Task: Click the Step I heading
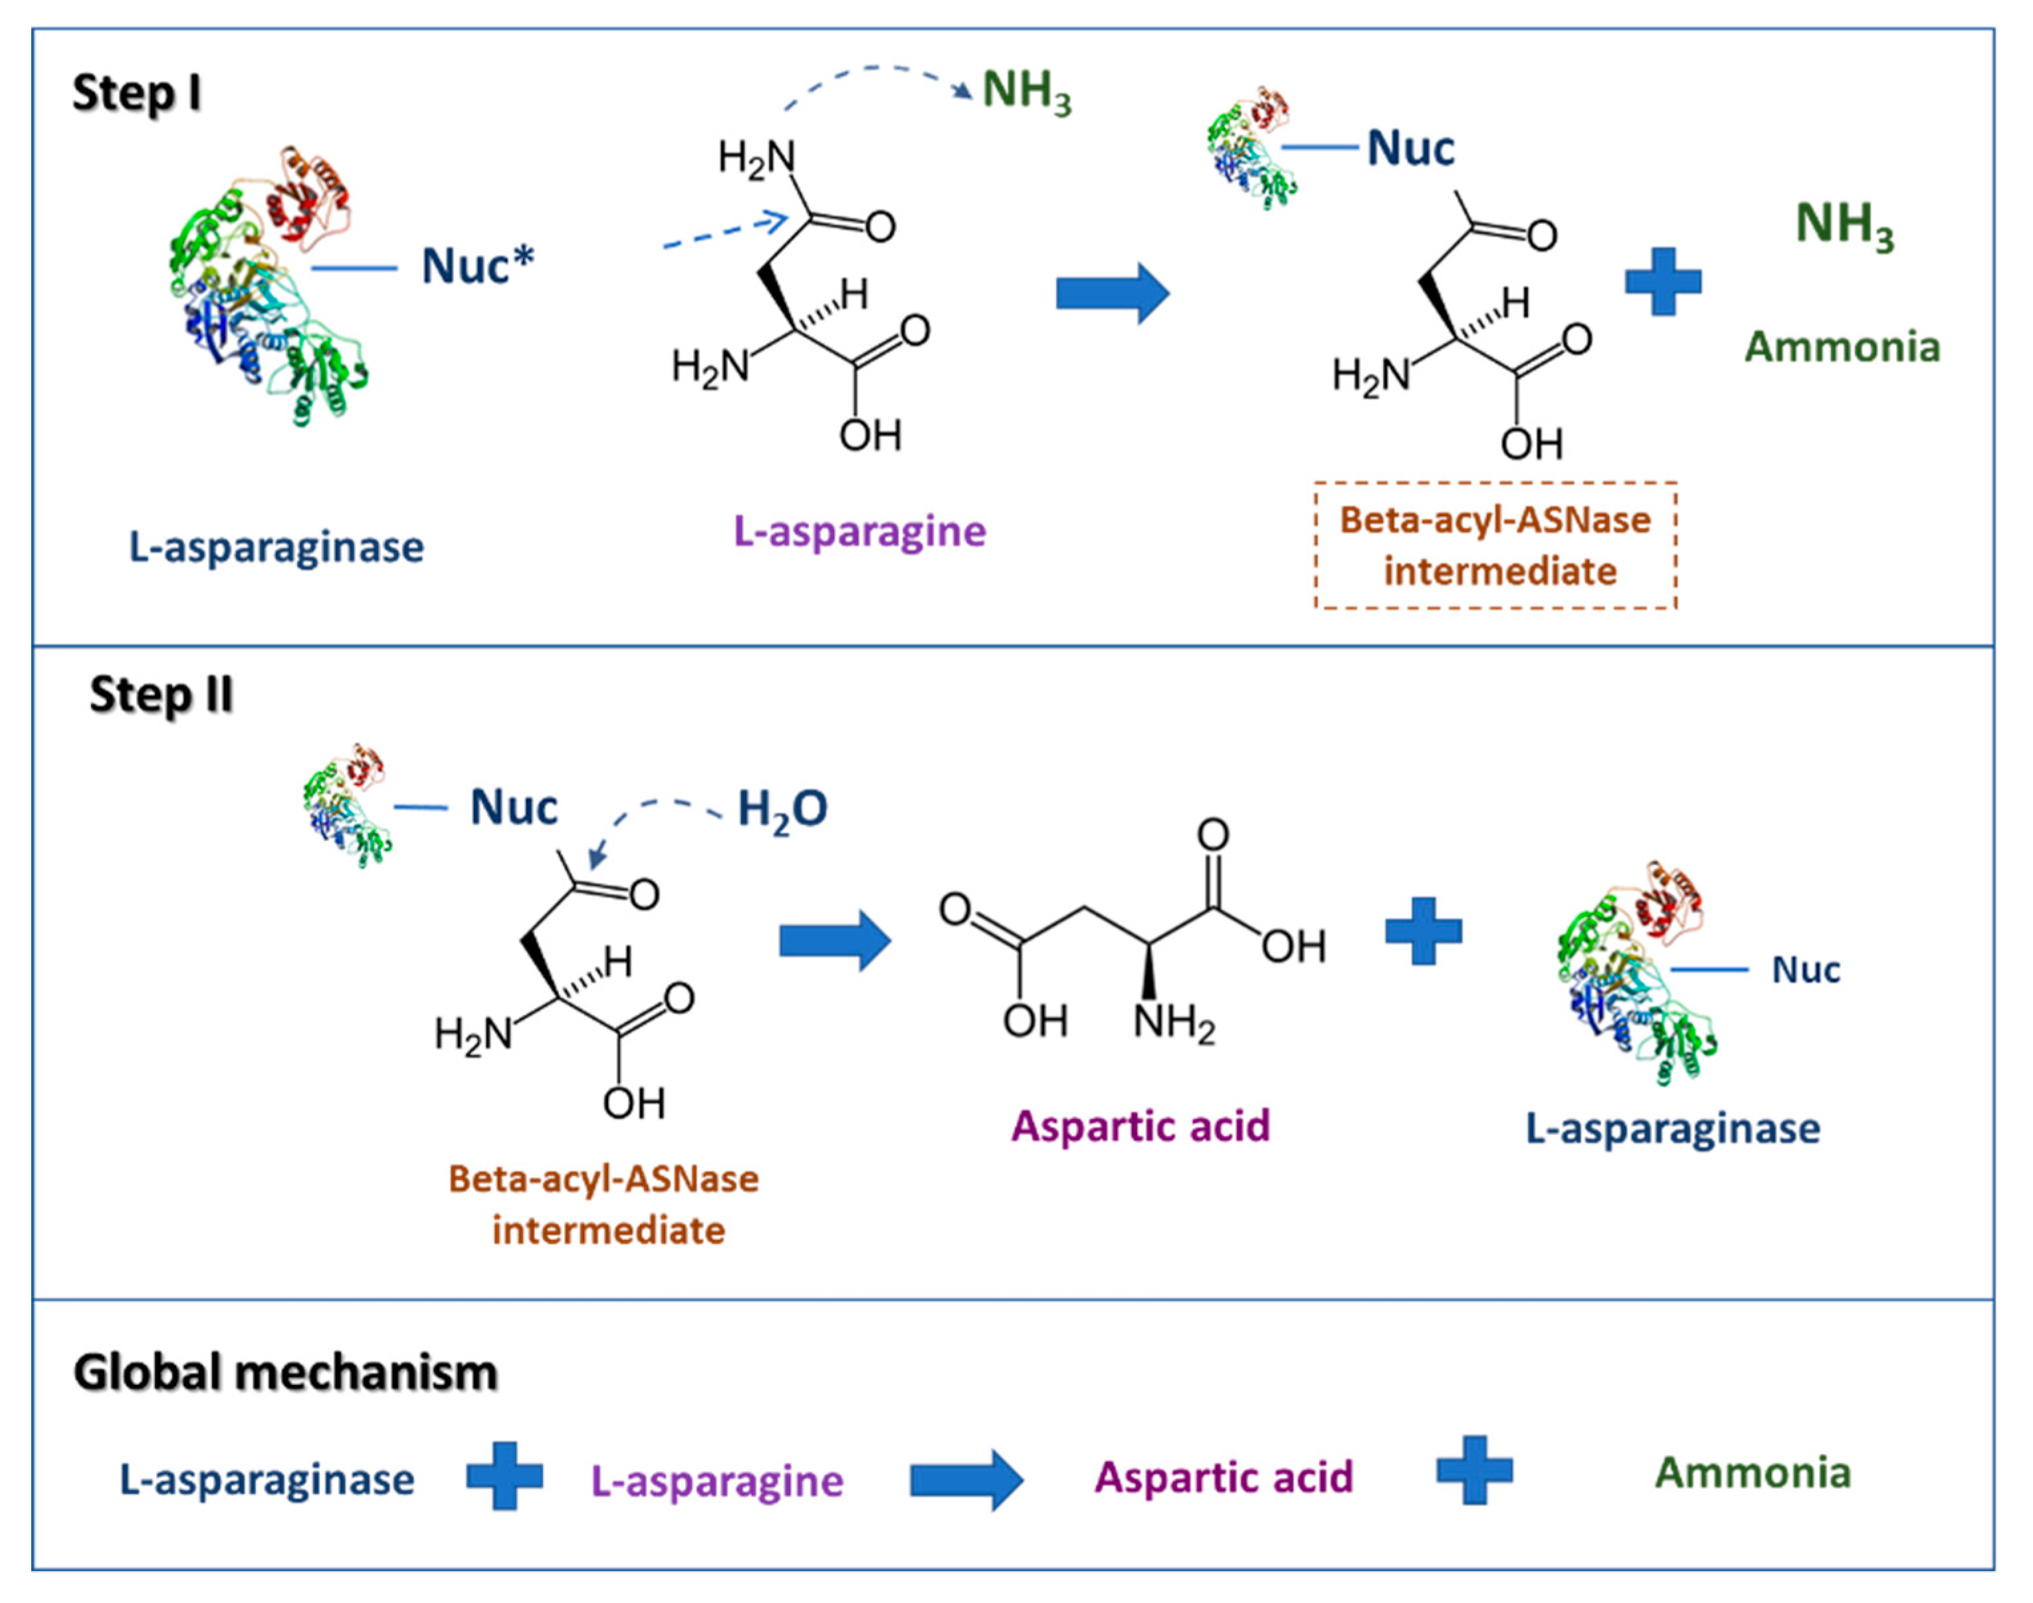coord(137,94)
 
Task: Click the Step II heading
coord(160,695)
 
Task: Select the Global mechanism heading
coord(285,1372)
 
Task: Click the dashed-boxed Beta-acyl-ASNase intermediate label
coord(1495,545)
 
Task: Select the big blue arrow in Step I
coord(1112,293)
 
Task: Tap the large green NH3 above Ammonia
coord(1844,226)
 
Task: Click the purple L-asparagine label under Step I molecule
coord(859,531)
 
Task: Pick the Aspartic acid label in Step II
coord(1140,1125)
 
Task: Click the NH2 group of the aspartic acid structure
coord(1173,1021)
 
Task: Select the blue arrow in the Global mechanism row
coord(966,1480)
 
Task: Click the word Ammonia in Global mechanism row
coord(1752,1473)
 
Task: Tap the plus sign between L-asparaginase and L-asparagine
coord(504,1475)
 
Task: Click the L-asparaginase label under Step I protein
coord(276,547)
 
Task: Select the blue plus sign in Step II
coord(1423,931)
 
